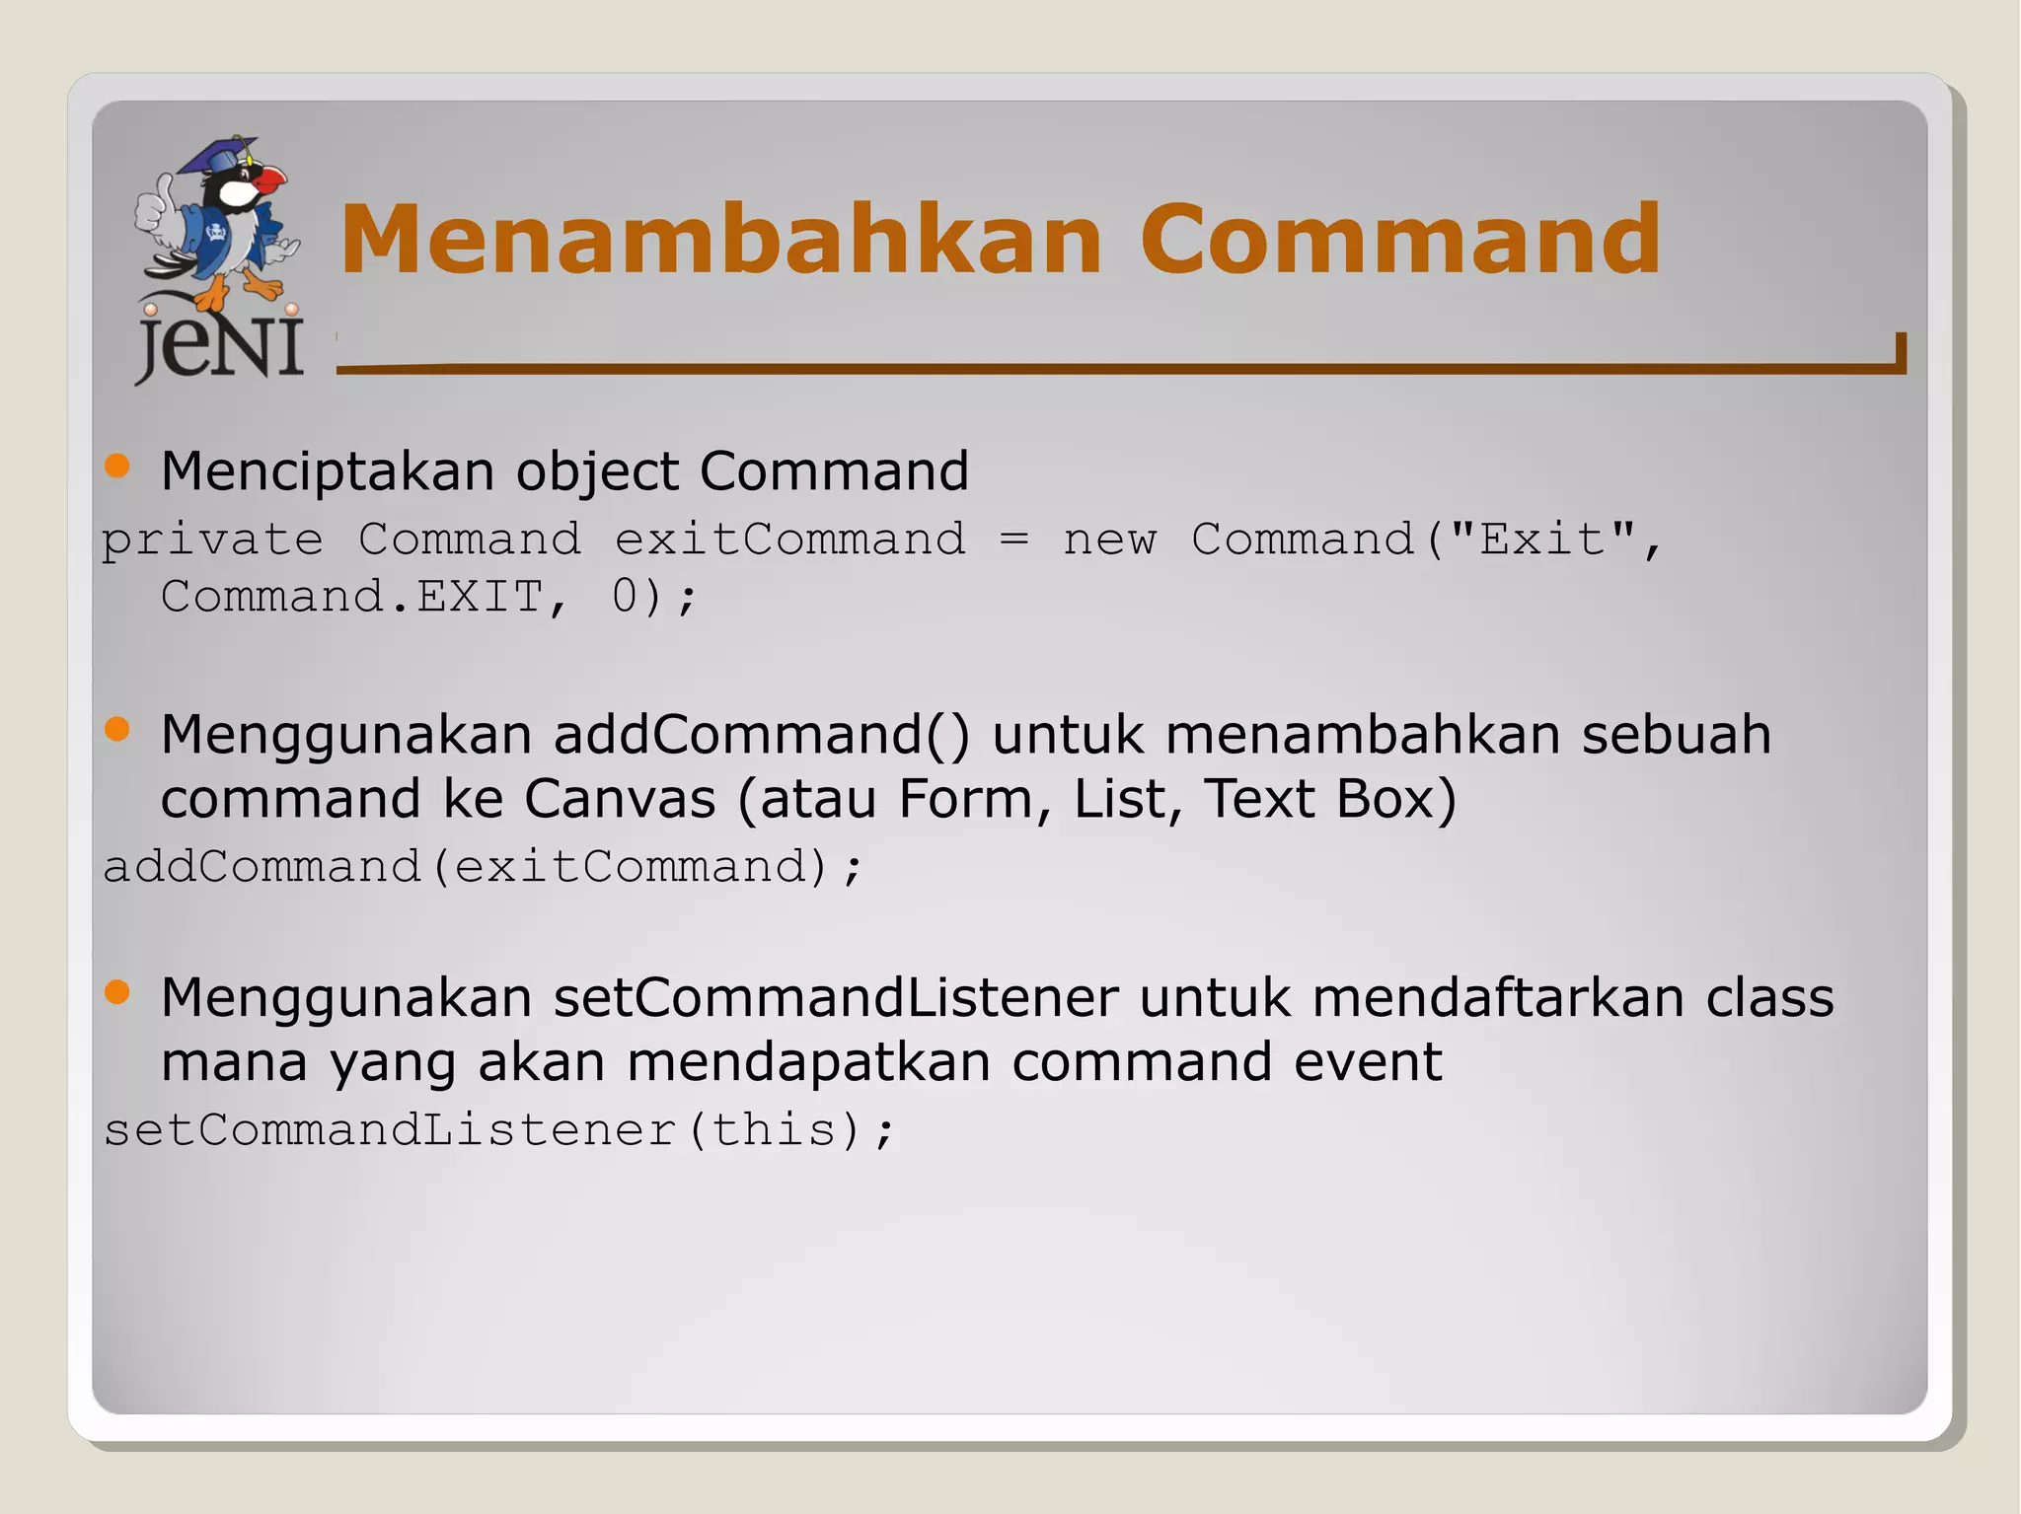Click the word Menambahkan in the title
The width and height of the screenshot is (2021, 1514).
pos(720,239)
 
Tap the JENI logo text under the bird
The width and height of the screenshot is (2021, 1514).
pos(220,347)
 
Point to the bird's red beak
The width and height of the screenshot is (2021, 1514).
pos(267,180)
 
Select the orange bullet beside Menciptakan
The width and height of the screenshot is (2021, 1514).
pos(117,466)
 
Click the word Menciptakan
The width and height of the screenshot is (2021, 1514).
pos(327,470)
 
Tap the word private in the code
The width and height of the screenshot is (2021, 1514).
pos(212,540)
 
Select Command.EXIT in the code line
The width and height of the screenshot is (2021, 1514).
pos(351,596)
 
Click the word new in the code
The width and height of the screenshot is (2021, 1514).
pos(1109,540)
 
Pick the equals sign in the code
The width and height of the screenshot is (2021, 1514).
pos(1013,540)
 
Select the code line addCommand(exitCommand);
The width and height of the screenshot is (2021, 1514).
pos(483,867)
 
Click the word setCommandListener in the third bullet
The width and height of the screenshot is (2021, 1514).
pos(836,997)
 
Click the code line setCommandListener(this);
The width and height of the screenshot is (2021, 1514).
pos(498,1130)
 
